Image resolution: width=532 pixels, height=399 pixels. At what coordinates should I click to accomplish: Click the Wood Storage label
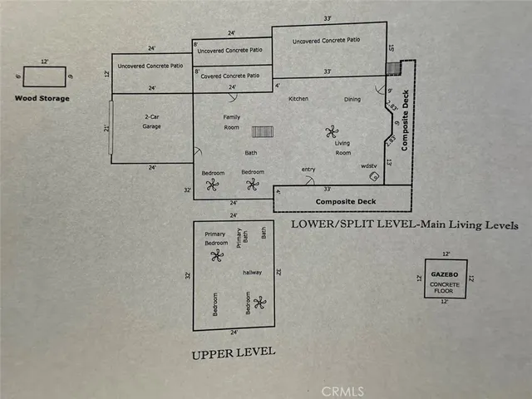pos(42,98)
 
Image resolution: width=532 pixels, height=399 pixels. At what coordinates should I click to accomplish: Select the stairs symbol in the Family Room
pos(263,131)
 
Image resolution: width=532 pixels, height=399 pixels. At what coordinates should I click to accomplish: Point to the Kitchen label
pos(298,99)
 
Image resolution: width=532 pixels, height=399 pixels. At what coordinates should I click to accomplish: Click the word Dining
pos(352,100)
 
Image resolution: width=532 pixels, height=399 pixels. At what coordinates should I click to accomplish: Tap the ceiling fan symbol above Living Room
pos(332,131)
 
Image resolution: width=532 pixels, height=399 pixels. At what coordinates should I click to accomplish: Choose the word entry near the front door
pos(308,170)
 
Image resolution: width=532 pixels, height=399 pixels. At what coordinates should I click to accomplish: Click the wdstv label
pos(368,165)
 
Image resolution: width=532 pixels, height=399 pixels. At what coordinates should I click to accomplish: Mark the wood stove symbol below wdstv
pos(374,176)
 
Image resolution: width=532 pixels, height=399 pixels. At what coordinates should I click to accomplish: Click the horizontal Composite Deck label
pos(342,202)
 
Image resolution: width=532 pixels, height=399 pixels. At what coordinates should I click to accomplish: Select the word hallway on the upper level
pos(252,272)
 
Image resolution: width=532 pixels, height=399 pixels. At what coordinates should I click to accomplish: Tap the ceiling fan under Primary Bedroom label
pos(217,255)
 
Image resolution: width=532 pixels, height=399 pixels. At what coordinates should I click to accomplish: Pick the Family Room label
pos(232,122)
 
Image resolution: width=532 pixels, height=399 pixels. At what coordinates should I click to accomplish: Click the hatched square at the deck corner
pos(406,66)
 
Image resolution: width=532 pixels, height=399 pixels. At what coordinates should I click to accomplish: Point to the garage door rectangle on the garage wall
pos(111,127)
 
